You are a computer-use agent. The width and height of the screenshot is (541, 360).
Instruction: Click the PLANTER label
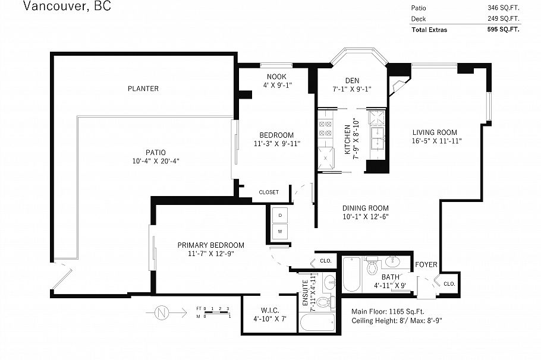pyautogui.click(x=143, y=89)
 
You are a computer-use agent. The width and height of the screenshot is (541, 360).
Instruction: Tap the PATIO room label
pyautogui.click(x=156, y=153)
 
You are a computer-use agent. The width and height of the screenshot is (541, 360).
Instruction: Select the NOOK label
pyautogui.click(x=276, y=77)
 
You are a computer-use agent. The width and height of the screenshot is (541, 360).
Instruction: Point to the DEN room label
pyautogui.click(x=352, y=81)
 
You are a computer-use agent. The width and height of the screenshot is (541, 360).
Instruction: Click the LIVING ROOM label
pyautogui.click(x=435, y=132)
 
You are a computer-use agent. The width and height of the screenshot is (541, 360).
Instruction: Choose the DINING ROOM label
pyautogui.click(x=366, y=209)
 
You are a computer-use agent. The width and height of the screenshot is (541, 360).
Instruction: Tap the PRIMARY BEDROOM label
pyautogui.click(x=211, y=245)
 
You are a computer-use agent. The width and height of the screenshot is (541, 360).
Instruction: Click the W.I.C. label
pyautogui.click(x=270, y=311)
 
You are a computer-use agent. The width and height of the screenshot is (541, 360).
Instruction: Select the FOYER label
pyautogui.click(x=426, y=264)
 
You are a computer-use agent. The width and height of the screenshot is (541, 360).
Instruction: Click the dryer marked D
pyautogui.click(x=280, y=215)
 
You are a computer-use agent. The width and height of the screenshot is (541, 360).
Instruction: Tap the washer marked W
pyautogui.click(x=280, y=231)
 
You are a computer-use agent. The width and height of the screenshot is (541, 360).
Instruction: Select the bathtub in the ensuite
pyautogui.click(x=317, y=323)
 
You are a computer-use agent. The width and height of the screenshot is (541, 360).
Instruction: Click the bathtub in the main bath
pyautogui.click(x=351, y=274)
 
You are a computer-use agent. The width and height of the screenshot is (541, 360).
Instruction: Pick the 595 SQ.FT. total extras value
pyautogui.click(x=503, y=29)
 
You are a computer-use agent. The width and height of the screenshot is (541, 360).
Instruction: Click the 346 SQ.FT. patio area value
pyautogui.click(x=503, y=8)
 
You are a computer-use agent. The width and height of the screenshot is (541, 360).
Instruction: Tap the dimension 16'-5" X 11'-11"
pyautogui.click(x=436, y=141)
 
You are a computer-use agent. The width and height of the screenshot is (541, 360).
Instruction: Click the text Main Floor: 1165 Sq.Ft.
pyautogui.click(x=388, y=311)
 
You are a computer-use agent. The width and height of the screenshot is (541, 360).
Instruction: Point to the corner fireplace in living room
pyautogui.click(x=398, y=86)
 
